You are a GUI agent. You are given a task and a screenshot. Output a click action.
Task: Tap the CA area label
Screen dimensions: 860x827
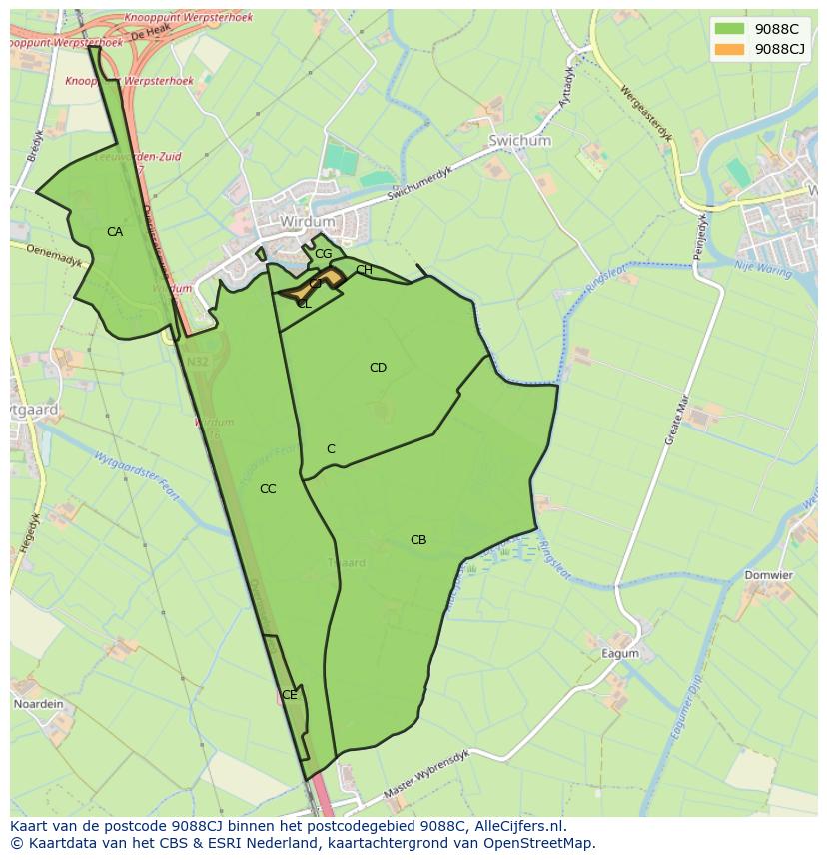pos(115,232)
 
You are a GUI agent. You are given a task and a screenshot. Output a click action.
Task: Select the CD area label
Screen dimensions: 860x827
pos(378,368)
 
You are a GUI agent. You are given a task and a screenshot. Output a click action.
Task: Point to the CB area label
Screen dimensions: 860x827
pos(418,540)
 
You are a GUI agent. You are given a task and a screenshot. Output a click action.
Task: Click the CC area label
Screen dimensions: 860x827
pos(268,489)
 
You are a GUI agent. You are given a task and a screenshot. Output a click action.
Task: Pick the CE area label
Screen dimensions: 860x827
pos(289,695)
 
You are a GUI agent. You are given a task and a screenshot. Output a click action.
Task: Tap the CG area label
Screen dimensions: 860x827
pos(323,254)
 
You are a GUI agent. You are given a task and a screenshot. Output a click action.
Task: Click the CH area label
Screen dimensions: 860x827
pos(364,270)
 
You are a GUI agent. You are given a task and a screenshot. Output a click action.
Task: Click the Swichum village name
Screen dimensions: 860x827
pos(519,142)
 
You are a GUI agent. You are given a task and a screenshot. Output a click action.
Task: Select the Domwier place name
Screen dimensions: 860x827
pos(768,576)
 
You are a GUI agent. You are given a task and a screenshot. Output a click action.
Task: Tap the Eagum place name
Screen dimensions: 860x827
pos(619,654)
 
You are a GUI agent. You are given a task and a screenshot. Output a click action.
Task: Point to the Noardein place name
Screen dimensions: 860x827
pos(38,704)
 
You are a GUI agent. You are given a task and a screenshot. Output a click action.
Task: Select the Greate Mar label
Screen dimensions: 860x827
pos(677,420)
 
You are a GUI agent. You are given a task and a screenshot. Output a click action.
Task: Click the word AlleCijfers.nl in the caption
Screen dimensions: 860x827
pos(519,826)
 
